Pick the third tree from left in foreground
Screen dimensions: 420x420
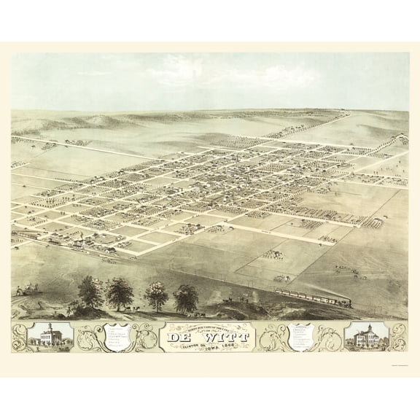(x=156, y=295)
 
